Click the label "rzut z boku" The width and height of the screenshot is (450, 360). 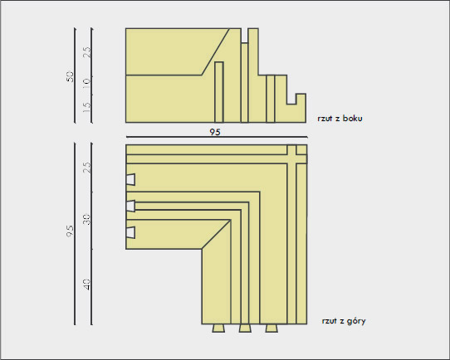340,119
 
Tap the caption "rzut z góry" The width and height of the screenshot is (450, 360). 344,321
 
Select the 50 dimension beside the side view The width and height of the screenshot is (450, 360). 70,76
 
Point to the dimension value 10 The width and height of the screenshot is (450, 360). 86,81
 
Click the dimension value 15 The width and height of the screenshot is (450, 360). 86,107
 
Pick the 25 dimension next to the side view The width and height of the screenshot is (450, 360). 86,52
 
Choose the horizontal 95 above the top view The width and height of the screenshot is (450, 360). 215,132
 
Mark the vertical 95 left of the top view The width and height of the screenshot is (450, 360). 70,231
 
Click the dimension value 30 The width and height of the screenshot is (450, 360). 86,219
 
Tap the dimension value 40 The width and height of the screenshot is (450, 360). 86,285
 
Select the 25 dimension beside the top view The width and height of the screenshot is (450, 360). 86,168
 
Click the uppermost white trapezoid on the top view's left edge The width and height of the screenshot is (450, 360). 130,179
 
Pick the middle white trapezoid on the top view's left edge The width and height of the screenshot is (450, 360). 130,206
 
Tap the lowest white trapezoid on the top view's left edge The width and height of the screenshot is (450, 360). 130,232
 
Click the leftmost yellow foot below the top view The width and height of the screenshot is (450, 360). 218,328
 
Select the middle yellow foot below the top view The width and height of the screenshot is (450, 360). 245,328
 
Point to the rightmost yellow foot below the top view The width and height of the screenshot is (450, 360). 271,328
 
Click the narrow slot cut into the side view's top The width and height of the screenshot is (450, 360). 245,36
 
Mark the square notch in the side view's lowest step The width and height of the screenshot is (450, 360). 291,99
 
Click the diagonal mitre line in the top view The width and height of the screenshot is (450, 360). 216,235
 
